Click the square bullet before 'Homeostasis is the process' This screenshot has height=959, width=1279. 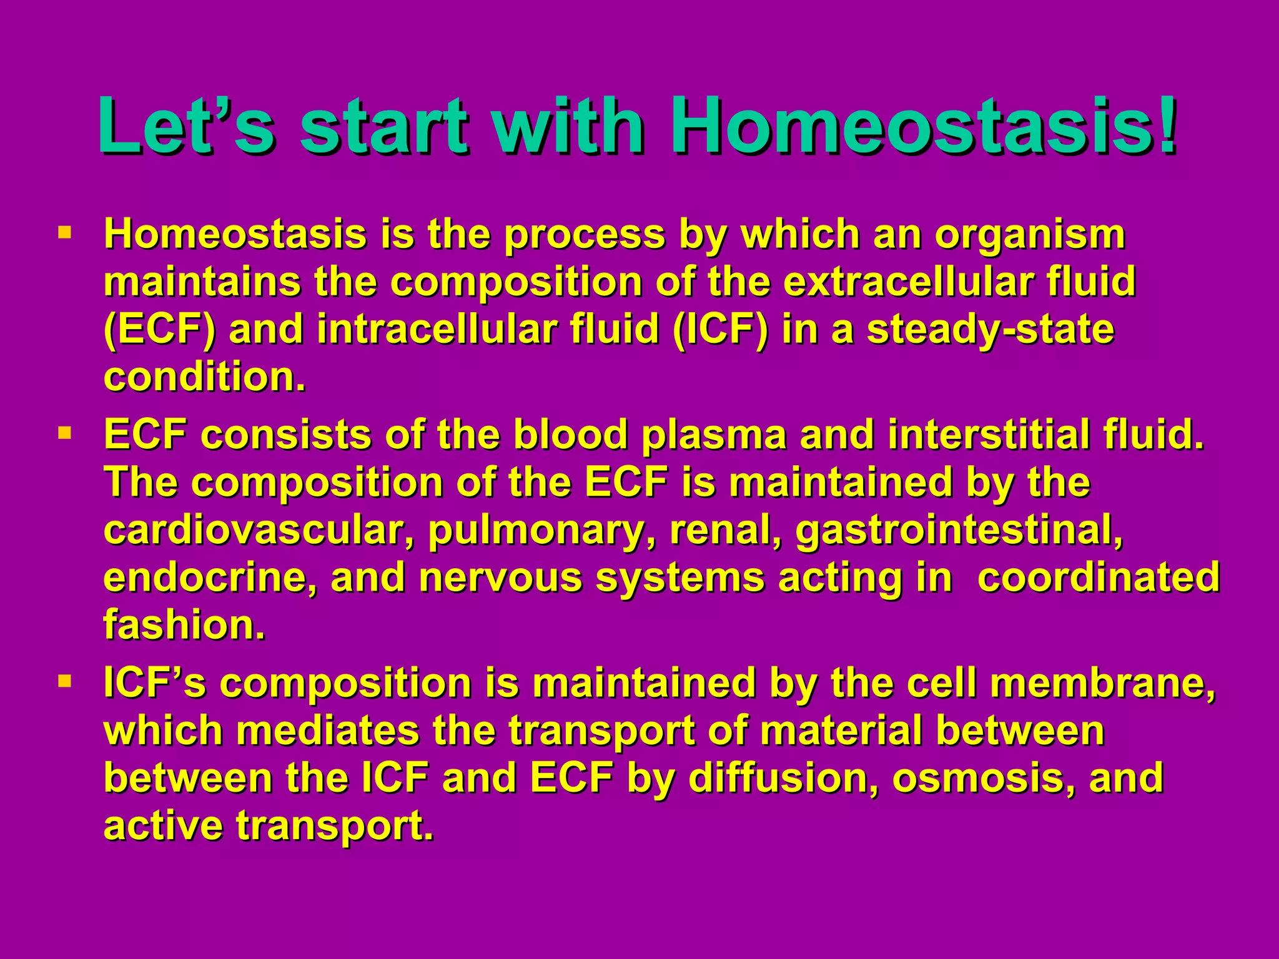(64, 234)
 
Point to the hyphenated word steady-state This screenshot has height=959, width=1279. (990, 330)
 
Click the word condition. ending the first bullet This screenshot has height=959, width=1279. (205, 377)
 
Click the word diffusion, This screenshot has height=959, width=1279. (784, 778)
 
